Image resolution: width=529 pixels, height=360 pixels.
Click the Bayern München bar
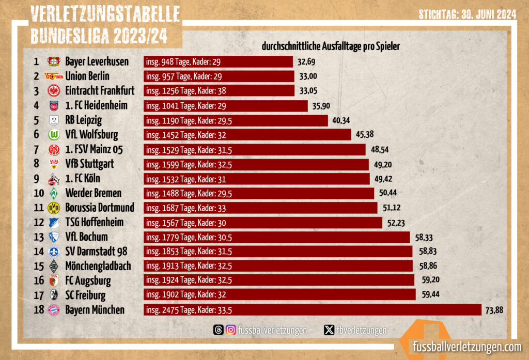(x=315, y=309)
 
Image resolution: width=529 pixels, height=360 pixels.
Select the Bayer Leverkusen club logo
(x=54, y=61)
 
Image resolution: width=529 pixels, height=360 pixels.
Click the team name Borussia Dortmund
(x=100, y=208)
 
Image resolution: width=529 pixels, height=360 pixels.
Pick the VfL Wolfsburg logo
(x=54, y=135)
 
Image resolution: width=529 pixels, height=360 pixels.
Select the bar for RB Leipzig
(x=236, y=120)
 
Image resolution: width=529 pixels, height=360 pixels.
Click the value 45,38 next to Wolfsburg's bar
(x=365, y=135)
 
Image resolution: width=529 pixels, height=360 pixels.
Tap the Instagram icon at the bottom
(x=231, y=330)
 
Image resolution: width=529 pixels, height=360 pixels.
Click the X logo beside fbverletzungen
(x=329, y=330)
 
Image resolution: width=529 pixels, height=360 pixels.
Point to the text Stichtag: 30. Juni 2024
(x=468, y=15)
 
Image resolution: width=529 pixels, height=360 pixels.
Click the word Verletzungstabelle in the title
(x=105, y=15)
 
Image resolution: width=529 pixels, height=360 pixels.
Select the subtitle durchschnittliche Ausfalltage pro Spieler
(x=331, y=46)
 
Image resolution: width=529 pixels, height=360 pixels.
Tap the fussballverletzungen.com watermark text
(x=466, y=347)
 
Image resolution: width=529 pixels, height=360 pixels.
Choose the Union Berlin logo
(x=54, y=76)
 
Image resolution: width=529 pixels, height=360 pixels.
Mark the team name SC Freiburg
(x=85, y=295)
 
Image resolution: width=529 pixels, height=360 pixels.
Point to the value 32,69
(x=306, y=62)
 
